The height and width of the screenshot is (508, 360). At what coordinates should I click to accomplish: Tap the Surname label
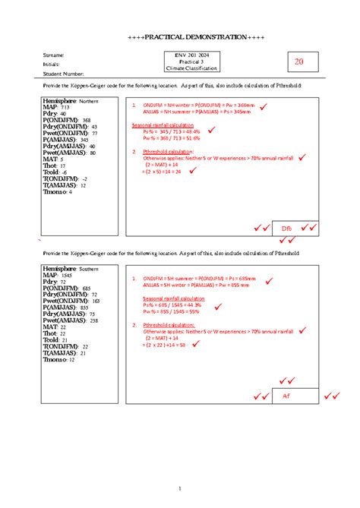54,55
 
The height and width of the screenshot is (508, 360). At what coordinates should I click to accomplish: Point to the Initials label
52,64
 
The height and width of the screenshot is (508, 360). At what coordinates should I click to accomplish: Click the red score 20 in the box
298,62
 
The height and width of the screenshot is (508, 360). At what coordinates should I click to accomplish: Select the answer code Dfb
286,228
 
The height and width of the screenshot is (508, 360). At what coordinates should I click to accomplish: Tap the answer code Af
286,396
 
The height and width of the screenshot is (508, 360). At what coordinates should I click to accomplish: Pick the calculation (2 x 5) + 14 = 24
161,172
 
